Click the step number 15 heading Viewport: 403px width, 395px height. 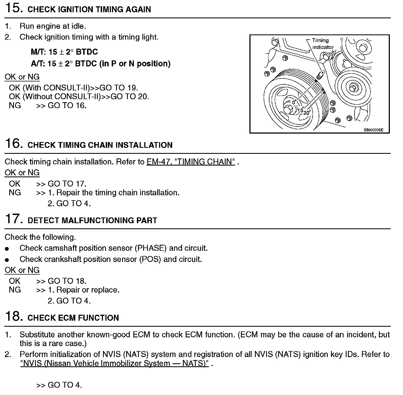tap(13, 8)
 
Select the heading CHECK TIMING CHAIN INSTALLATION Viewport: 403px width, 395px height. tap(100, 145)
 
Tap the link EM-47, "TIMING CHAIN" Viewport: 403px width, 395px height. tap(191, 162)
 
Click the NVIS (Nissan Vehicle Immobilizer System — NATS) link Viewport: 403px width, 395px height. tap(115, 363)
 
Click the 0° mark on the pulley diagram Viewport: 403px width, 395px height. tap(294, 102)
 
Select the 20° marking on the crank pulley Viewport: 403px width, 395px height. tap(307, 113)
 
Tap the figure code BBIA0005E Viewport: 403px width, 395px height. tap(373, 130)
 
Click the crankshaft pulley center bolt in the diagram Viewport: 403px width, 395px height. tap(288, 110)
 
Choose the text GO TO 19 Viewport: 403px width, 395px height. tap(119, 88)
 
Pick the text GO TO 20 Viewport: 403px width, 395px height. tap(130, 96)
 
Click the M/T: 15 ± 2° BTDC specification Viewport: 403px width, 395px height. tap(64, 52)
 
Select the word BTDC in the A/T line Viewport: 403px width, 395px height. tap(86, 64)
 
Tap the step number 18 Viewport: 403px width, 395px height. tap(13, 317)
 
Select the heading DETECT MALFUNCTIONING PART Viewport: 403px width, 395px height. tap(93, 220)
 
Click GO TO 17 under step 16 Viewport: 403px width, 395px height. tap(67, 184)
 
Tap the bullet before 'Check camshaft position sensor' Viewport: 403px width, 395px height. tap(7, 249)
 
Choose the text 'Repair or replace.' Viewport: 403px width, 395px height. tap(88, 290)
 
